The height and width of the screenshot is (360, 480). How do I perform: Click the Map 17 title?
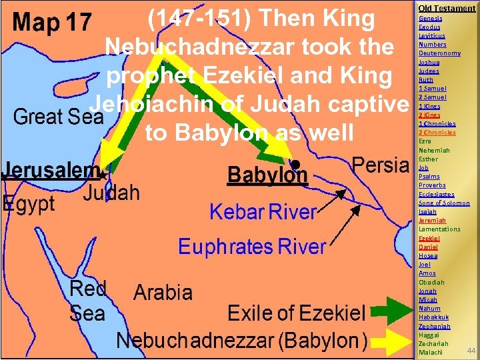(x=52, y=23)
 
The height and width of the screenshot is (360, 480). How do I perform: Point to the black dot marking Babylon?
(x=295, y=163)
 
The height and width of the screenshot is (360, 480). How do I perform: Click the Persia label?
(x=379, y=165)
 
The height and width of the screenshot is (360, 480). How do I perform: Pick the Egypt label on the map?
(x=29, y=203)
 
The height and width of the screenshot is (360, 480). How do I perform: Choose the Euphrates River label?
(x=251, y=247)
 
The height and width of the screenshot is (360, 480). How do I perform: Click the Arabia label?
(x=163, y=292)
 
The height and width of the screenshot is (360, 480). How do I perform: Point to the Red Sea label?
(x=87, y=301)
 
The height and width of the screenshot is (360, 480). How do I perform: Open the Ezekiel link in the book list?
(x=429, y=238)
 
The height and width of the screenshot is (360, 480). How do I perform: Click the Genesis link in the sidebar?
(x=430, y=18)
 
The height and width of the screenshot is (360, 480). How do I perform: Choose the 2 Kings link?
(x=429, y=115)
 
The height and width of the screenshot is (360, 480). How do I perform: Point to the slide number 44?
(x=471, y=350)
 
